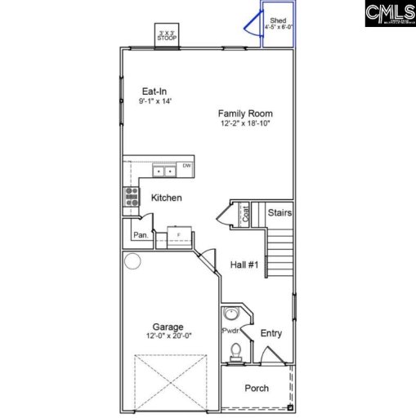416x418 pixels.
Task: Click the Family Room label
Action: pyautogui.click(x=245, y=113)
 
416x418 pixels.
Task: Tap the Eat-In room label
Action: pyautogui.click(x=155, y=91)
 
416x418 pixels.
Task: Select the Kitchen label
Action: pyautogui.click(x=166, y=198)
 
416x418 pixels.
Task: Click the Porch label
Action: pyautogui.click(x=257, y=388)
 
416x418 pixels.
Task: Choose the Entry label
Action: pyautogui.click(x=271, y=333)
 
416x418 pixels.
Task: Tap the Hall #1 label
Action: pyautogui.click(x=244, y=265)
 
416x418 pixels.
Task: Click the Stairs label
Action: pyautogui.click(x=280, y=213)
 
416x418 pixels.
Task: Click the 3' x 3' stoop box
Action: pyautogui.click(x=167, y=34)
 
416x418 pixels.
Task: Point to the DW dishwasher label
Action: pyautogui.click(x=186, y=167)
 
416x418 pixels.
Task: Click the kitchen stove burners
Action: pyautogui.click(x=131, y=196)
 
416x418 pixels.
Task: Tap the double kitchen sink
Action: pyautogui.click(x=165, y=171)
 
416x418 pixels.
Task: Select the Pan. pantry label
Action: pyautogui.click(x=141, y=236)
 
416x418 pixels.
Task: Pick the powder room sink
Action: pyautogui.click(x=230, y=313)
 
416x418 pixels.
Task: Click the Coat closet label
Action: pyautogui.click(x=244, y=214)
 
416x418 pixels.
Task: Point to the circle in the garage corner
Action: pyautogui.click(x=133, y=261)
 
